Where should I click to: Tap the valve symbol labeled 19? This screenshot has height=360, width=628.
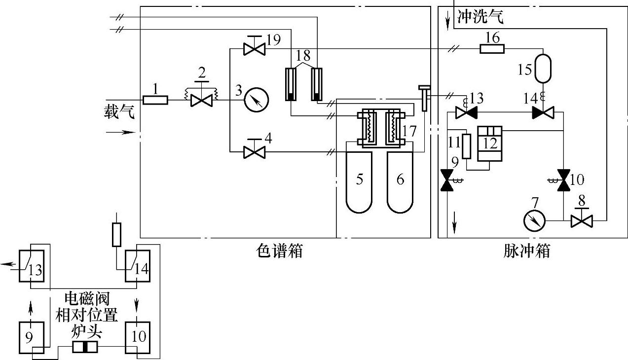[255, 49]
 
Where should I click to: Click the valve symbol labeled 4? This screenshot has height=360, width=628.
[255, 152]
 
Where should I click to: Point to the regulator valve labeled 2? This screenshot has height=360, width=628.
[201, 100]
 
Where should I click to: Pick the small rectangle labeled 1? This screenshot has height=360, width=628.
[155, 100]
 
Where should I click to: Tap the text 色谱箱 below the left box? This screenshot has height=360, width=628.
[279, 252]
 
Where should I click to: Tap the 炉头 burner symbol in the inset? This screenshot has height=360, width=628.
[85, 347]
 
